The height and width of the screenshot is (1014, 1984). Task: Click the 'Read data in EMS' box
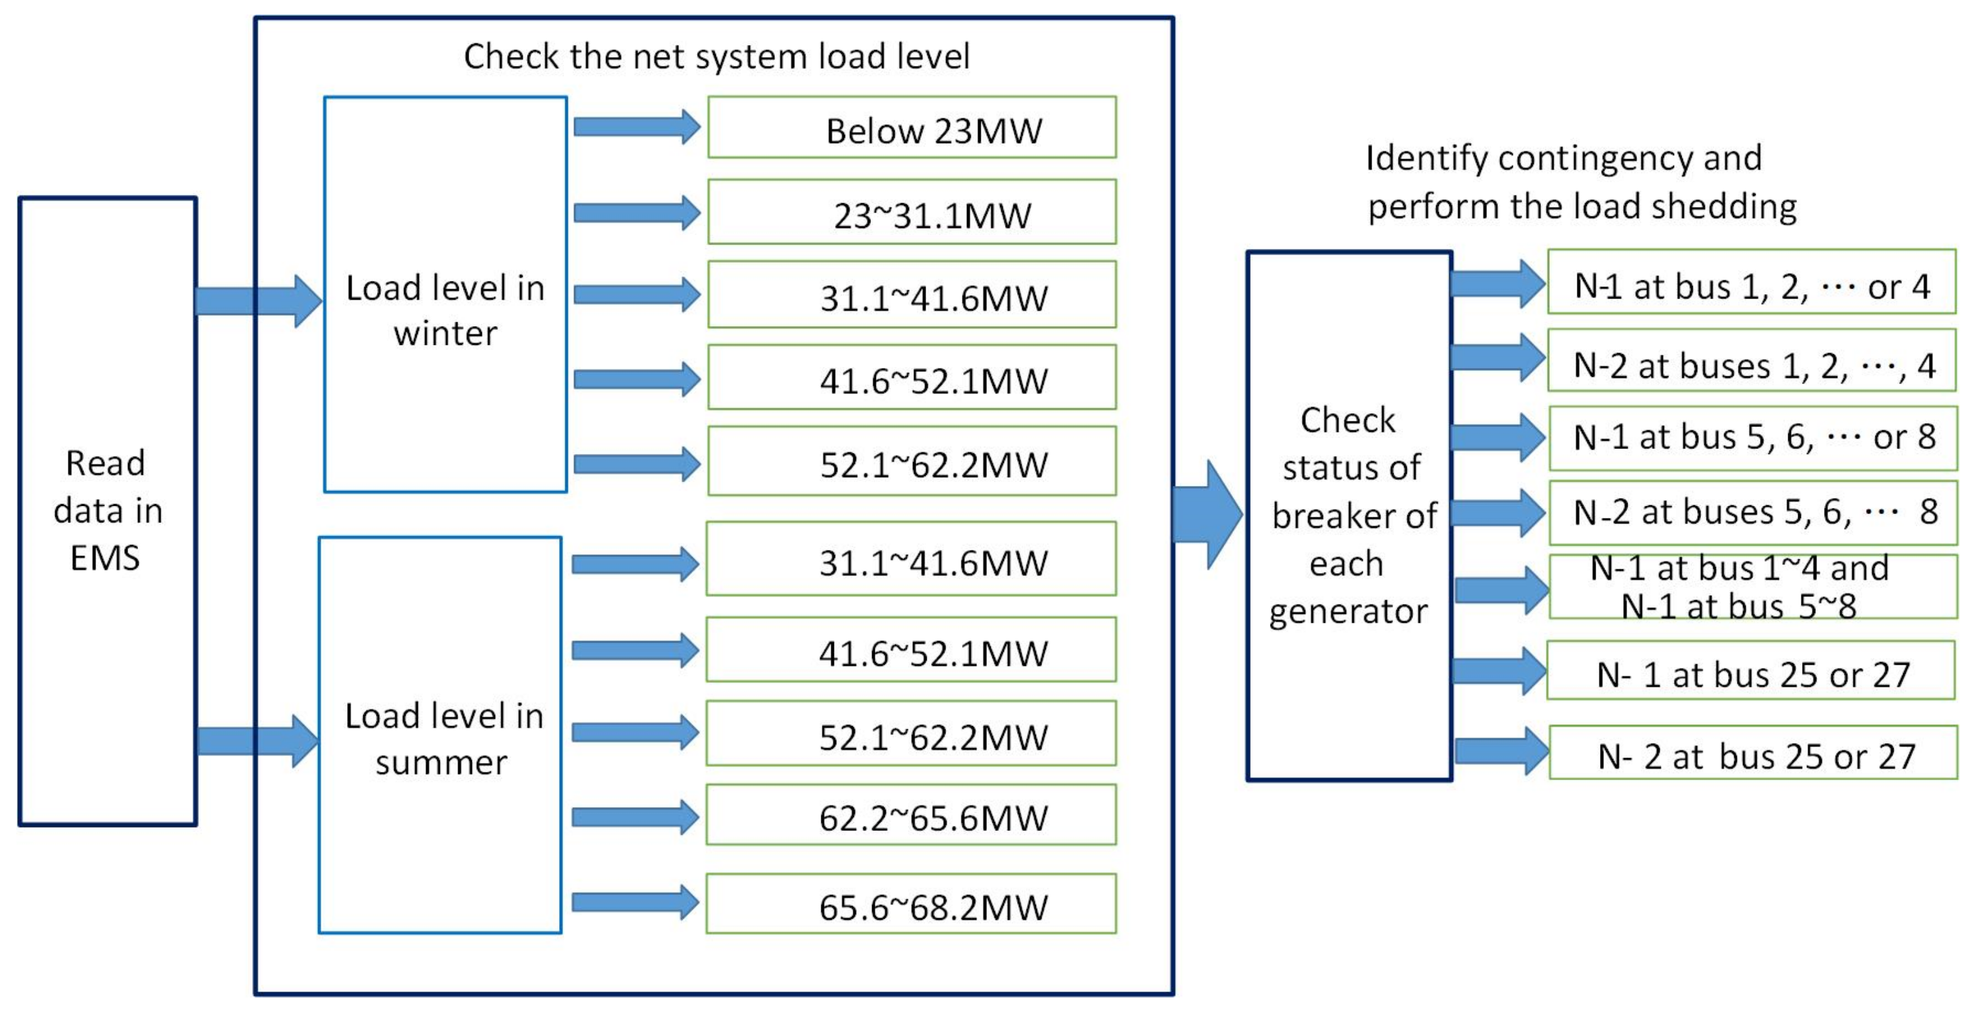click(108, 511)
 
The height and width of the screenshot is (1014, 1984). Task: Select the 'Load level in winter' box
click(445, 294)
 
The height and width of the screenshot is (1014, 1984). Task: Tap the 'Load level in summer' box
click(440, 736)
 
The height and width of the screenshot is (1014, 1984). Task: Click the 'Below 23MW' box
click(912, 128)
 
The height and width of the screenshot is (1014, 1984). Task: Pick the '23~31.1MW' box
click(912, 213)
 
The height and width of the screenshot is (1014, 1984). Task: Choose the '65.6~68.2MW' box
click(911, 904)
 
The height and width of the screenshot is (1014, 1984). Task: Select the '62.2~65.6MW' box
click(911, 815)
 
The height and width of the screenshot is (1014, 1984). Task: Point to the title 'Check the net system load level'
click(717, 57)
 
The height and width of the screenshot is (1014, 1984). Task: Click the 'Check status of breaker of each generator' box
click(1350, 516)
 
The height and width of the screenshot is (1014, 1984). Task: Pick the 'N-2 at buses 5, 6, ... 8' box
click(1753, 512)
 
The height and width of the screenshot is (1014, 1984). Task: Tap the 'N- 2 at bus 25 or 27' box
click(1753, 753)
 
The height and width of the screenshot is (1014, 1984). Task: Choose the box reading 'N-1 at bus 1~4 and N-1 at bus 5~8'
click(1753, 587)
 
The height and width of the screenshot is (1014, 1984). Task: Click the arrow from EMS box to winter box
click(258, 301)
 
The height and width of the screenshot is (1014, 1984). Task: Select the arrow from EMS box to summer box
click(258, 741)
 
